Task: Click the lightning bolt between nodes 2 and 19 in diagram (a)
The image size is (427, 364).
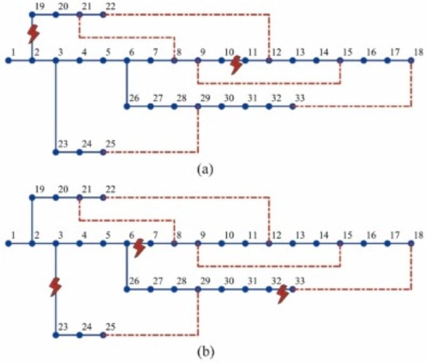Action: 33,34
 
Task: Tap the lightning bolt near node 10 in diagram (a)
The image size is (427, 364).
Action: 235,65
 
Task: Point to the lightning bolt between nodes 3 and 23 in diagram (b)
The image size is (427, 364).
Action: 55,286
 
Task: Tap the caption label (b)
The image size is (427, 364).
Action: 205,352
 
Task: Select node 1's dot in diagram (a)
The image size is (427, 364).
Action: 8,60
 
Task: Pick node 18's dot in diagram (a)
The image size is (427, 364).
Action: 411,60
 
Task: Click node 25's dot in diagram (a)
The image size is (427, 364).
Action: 103,152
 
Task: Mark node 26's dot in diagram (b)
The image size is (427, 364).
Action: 126,289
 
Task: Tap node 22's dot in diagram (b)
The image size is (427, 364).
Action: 103,197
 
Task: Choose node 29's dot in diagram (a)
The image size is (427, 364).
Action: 198,106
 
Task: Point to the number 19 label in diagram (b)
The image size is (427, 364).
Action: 38,188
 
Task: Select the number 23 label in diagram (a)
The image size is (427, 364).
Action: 62,143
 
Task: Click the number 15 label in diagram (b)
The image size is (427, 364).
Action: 347,235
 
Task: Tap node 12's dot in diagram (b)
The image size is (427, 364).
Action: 269,244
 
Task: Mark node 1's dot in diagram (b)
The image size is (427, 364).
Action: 8,244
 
